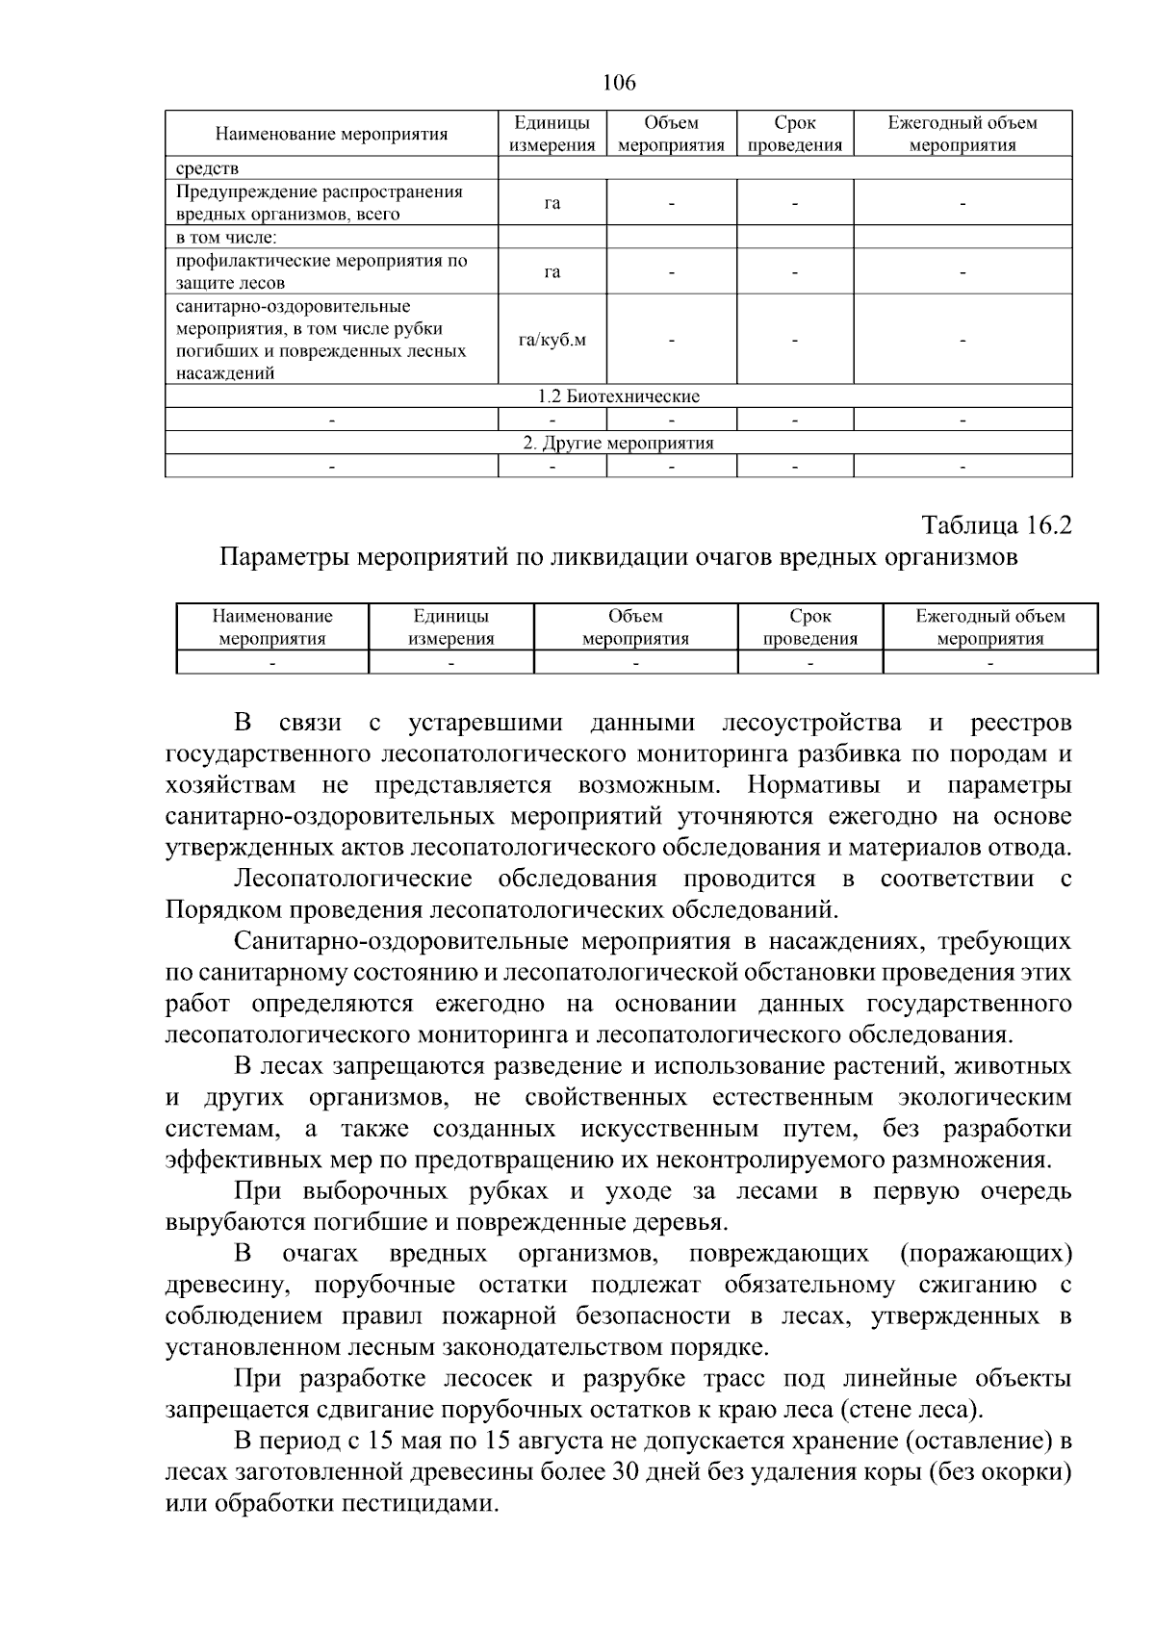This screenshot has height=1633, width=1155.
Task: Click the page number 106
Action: (619, 84)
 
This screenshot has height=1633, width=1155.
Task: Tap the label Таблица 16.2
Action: (996, 525)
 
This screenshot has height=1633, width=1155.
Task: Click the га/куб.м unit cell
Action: (552, 340)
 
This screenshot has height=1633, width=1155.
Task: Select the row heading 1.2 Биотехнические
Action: (618, 396)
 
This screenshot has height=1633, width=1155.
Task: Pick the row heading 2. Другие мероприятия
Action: (618, 443)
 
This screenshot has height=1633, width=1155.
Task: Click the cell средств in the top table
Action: (207, 169)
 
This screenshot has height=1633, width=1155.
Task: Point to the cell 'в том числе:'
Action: (226, 237)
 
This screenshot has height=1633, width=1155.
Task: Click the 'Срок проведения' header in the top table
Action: (794, 135)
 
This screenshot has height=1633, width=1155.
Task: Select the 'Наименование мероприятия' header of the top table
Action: (331, 134)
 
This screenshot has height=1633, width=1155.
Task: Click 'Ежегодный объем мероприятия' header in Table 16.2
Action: (989, 627)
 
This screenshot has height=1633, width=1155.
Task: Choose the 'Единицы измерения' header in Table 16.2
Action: (450, 627)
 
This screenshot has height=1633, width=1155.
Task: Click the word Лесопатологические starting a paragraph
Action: (353, 879)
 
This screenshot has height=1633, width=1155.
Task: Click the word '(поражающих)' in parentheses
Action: (985, 1254)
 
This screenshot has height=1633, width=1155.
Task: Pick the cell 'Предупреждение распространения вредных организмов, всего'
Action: (320, 203)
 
